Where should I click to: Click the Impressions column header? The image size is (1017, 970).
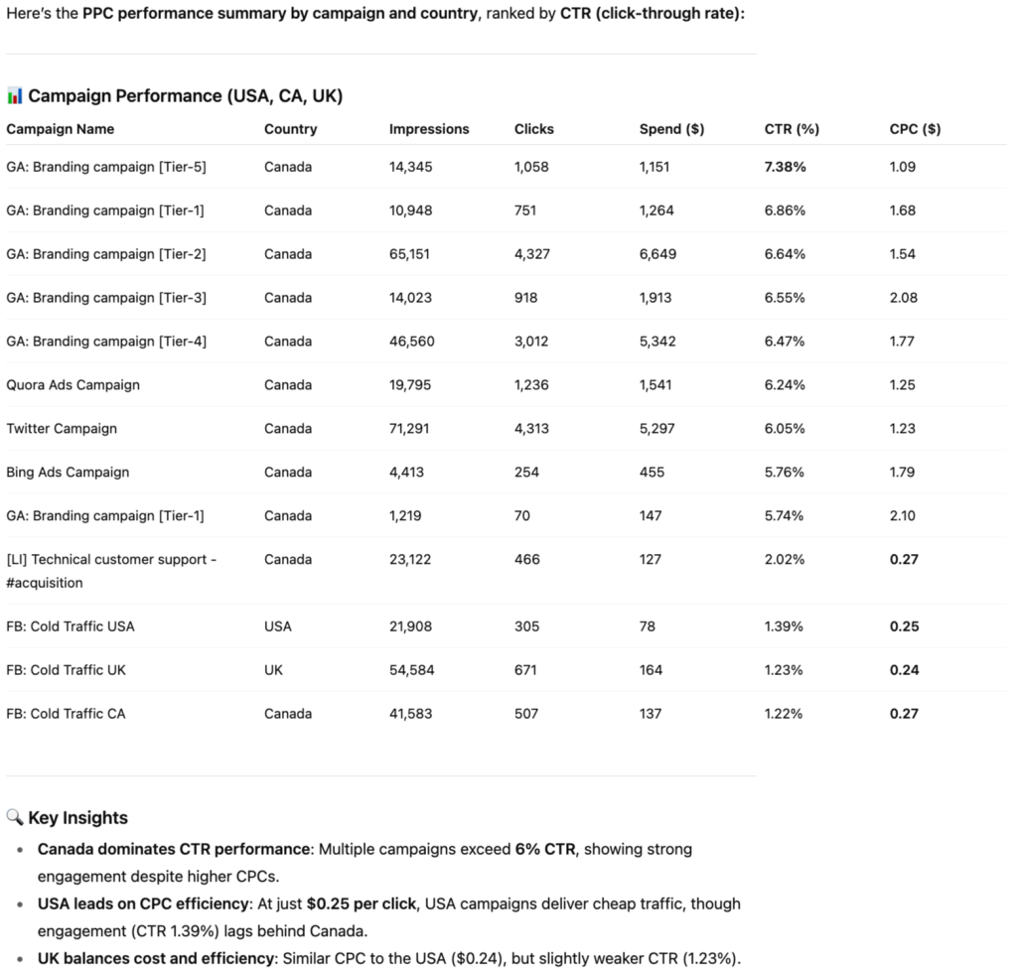point(429,129)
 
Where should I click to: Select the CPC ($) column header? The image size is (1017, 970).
point(915,129)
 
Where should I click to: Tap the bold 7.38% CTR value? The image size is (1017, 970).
point(785,167)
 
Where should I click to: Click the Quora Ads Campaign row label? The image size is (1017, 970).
point(73,385)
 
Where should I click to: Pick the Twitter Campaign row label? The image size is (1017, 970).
point(62,429)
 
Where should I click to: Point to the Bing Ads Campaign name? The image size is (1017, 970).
point(68,473)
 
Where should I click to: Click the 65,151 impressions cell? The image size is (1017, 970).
point(410,254)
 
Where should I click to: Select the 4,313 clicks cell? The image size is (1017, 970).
point(531,429)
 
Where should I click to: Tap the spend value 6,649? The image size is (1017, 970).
point(657,254)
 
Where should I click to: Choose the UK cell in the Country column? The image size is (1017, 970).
point(273,670)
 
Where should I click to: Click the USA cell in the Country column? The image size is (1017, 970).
point(278,626)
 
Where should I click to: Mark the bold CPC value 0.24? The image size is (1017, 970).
point(904,670)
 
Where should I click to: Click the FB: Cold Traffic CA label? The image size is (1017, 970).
point(66,714)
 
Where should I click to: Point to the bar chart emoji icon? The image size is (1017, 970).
point(15,96)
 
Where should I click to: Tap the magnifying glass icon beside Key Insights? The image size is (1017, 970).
point(15,818)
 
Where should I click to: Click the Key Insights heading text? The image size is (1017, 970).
point(78,818)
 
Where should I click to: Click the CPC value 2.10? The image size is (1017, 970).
point(903,516)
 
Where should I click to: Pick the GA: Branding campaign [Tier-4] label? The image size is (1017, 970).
point(106,342)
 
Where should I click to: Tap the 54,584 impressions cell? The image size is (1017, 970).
point(411,670)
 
